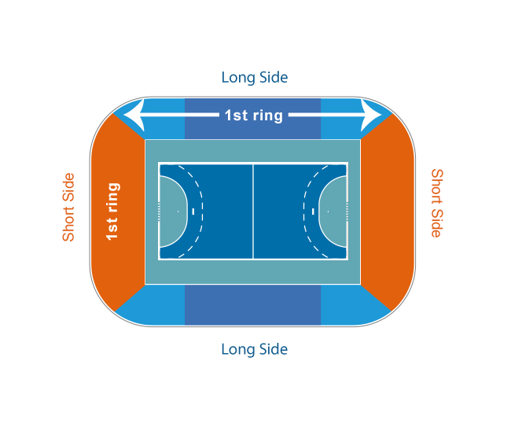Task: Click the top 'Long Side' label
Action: [x=255, y=78]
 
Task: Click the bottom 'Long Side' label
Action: [x=255, y=349]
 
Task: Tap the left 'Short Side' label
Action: [x=68, y=208]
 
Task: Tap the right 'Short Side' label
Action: [x=437, y=204]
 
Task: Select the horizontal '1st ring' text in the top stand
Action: [x=254, y=116]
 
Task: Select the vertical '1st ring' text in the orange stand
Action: [x=112, y=212]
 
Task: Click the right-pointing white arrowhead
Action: [x=371, y=115]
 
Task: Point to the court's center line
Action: [x=253, y=212]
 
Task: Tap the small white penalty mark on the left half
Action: [x=193, y=212]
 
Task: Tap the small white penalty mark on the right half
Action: [x=313, y=212]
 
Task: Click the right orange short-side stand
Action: [x=388, y=212]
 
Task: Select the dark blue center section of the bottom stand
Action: [x=253, y=305]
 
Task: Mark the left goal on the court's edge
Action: [x=159, y=212]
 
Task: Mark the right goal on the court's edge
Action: [x=347, y=212]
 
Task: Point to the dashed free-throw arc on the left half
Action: [x=202, y=212]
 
